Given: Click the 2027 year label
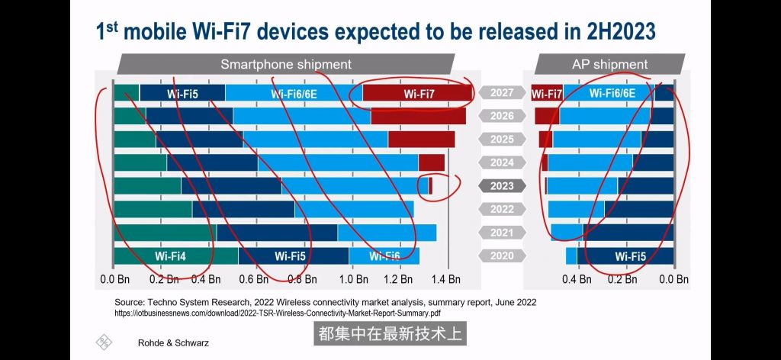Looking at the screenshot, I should [502, 93].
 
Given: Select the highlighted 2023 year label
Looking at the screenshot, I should [502, 186].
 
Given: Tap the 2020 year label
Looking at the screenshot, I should [502, 256].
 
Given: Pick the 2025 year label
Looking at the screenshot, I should [502, 140].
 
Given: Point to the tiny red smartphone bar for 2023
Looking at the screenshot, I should [430, 186].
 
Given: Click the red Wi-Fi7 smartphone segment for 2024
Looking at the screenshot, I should [432, 162].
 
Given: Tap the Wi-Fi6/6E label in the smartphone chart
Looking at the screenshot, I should [293, 93].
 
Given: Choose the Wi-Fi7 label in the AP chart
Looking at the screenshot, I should [546, 94].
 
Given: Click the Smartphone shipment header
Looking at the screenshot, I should [285, 64].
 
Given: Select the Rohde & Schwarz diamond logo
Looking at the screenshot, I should [103, 342].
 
